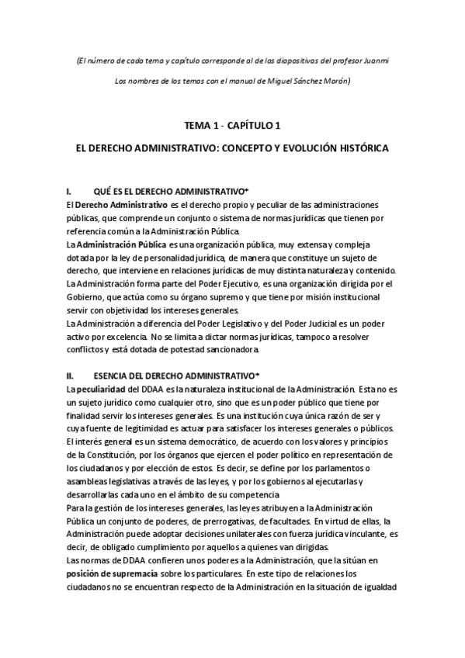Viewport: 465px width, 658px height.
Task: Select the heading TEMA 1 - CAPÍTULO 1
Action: [x=232, y=125]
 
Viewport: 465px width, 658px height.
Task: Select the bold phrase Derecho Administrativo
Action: [x=122, y=204]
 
